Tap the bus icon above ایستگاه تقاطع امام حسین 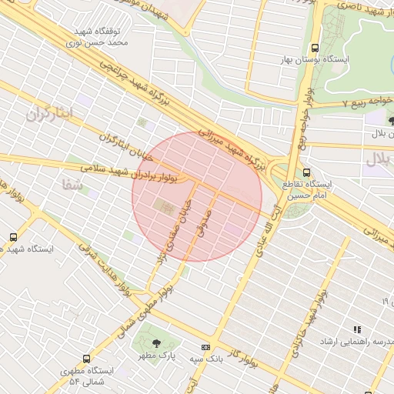[307, 172]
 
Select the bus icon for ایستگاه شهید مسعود [12, 236]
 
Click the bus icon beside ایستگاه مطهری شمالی [85, 359]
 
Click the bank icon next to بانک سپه [205, 347]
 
